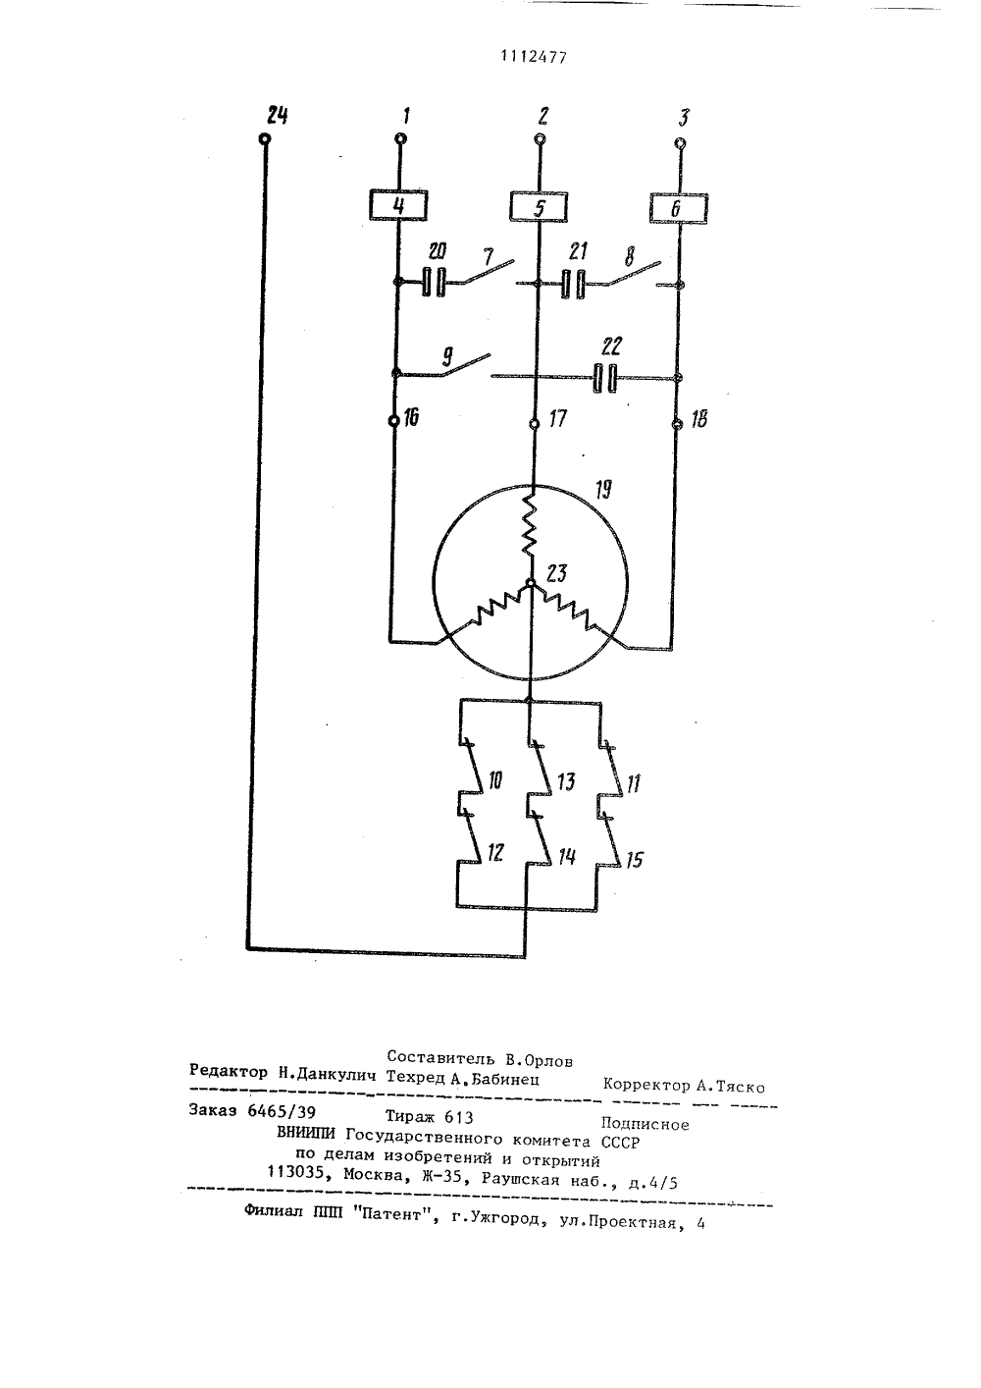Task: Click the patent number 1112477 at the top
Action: point(534,57)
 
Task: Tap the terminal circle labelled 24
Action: point(265,138)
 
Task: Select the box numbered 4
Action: point(398,205)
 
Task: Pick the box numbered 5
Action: point(539,206)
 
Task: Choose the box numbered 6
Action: point(679,208)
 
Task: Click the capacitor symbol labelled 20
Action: point(434,282)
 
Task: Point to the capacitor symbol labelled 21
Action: point(573,284)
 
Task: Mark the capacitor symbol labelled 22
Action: point(605,378)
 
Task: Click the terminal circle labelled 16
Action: point(393,421)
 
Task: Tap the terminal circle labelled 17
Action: point(534,424)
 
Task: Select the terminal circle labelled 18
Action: point(677,424)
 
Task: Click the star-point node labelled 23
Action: point(530,582)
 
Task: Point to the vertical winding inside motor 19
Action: point(530,523)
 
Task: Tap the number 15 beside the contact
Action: point(634,860)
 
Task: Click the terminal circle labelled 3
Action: point(681,143)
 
